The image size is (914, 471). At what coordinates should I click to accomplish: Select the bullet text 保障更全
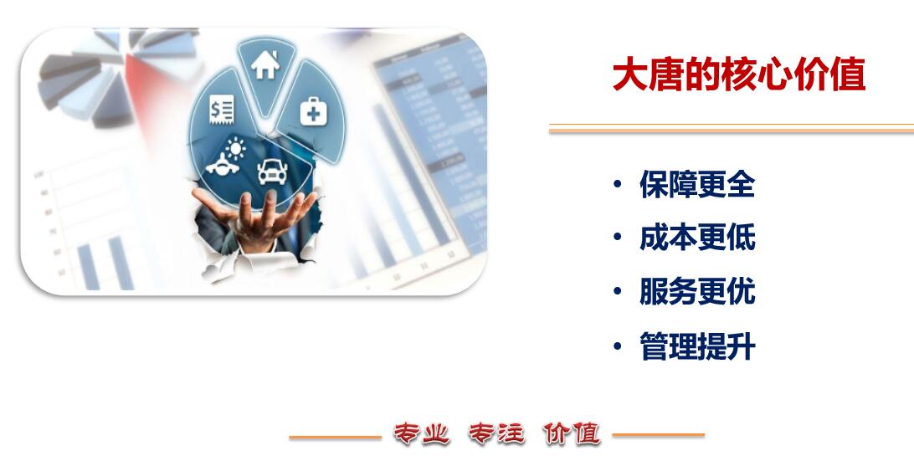697,184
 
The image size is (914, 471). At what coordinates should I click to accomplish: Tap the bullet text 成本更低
697,238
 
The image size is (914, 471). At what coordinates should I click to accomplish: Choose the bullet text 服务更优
697,291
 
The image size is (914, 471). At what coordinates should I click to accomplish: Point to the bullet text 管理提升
697,346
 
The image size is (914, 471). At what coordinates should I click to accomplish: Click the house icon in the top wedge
265,64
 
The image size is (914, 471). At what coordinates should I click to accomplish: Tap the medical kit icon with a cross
314,111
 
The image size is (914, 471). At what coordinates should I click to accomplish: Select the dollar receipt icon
222,110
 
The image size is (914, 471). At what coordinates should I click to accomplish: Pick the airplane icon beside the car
222,165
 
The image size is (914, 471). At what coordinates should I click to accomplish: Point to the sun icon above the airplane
235,148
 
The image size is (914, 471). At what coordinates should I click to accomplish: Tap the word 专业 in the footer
422,434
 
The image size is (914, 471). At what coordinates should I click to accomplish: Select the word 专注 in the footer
496,434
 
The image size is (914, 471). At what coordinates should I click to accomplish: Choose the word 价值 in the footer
571,434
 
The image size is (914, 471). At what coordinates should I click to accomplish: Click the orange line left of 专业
335,438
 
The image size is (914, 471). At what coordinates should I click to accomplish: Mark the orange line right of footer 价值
658,435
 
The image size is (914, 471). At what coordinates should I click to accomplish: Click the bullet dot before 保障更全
618,184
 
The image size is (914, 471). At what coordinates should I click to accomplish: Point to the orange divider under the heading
732,129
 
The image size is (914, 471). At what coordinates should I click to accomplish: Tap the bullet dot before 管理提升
618,346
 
